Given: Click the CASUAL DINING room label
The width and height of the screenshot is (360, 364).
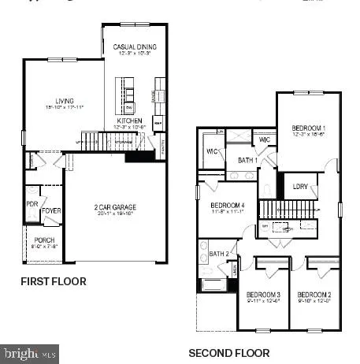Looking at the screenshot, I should (x=135, y=47).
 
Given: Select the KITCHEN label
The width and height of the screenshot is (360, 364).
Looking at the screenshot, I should (x=129, y=121).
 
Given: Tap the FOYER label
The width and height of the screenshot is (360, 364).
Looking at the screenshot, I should (x=50, y=210).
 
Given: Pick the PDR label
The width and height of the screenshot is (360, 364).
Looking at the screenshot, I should (x=31, y=202).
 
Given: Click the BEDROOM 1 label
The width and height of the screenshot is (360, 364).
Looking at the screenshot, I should (x=308, y=128).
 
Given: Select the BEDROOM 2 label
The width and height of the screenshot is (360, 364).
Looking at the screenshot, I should (x=313, y=295).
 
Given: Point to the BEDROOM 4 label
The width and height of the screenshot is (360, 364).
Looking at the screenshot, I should (x=226, y=207).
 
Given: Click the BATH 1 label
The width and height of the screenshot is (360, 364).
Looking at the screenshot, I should (x=247, y=160).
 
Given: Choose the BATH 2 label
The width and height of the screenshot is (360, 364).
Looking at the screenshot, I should (x=219, y=254).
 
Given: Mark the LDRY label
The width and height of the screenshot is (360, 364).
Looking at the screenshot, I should (x=299, y=187).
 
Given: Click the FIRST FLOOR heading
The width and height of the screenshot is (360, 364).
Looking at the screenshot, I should (x=54, y=280).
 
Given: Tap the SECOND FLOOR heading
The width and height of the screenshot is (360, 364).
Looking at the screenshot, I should (x=228, y=353).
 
